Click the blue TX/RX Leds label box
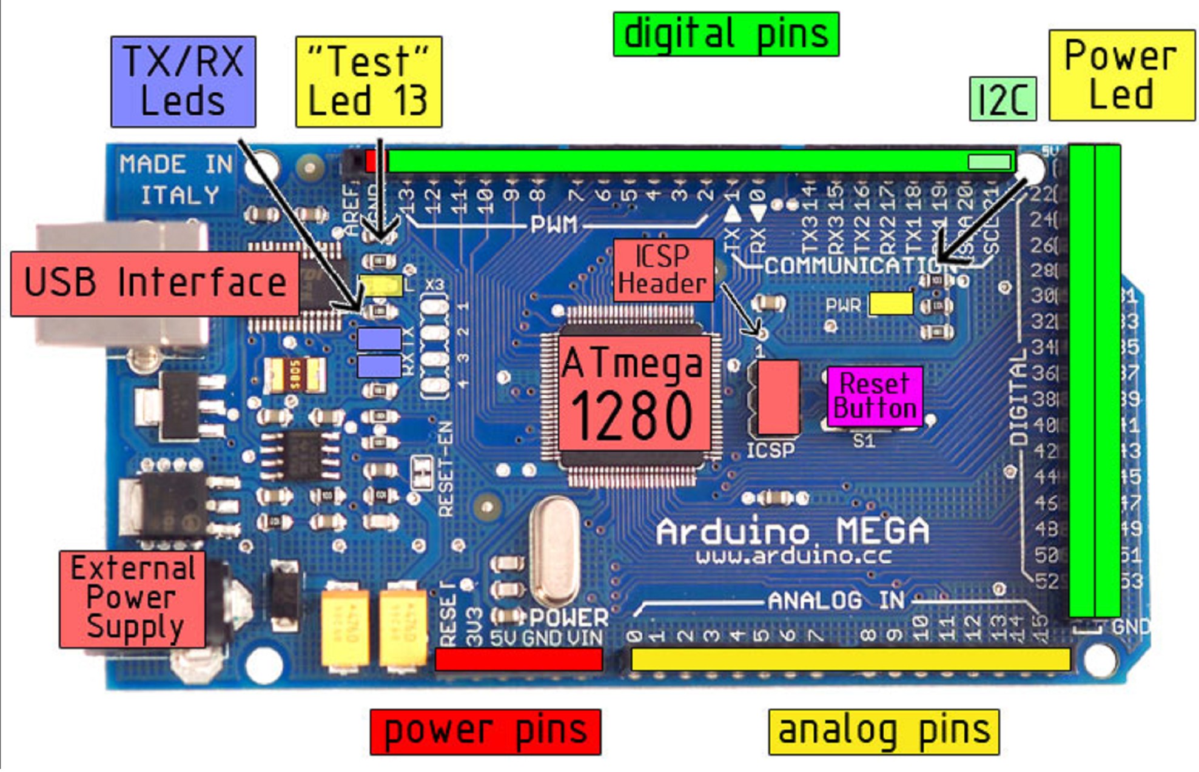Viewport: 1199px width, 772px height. (183, 81)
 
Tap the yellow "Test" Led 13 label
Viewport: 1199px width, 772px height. (369, 81)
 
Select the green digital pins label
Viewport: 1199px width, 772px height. (726, 34)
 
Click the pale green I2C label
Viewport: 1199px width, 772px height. (1003, 99)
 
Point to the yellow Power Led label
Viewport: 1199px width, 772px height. (1121, 75)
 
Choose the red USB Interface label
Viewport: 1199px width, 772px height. (155, 283)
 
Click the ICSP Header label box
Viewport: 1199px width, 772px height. (663, 270)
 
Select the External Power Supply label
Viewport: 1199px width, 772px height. (133, 599)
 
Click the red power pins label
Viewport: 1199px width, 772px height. (485, 731)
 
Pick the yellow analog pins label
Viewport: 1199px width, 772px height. (884, 731)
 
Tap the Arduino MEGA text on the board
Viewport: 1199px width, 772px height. (792, 532)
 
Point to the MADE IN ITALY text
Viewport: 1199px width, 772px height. (176, 180)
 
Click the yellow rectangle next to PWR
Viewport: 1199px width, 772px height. (890, 304)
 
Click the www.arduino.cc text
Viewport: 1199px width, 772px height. (793, 556)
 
